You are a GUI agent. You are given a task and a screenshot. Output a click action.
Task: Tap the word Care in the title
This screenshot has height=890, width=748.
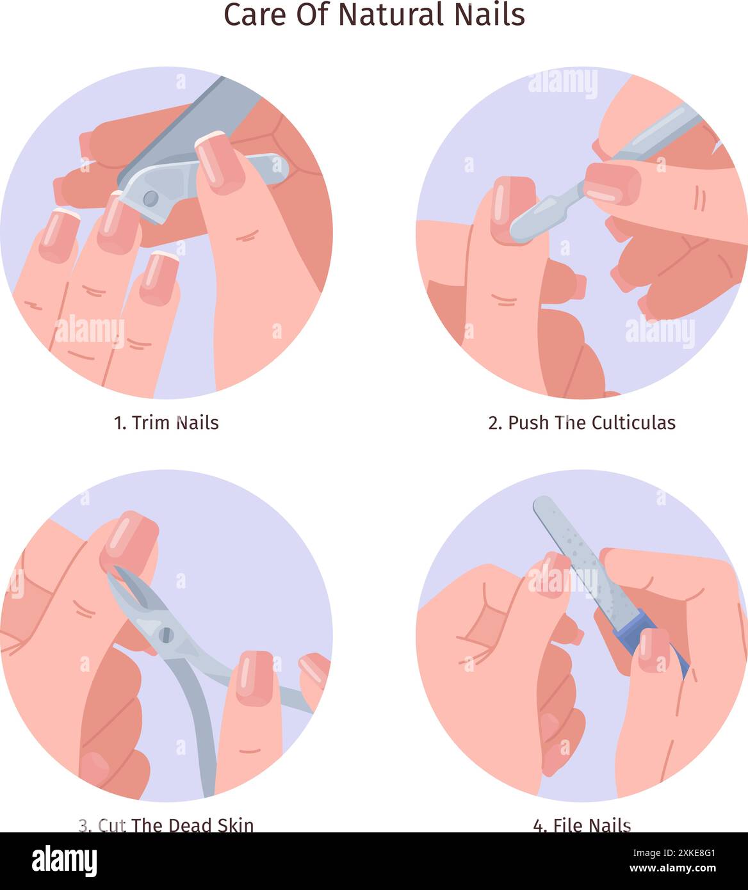click(x=255, y=15)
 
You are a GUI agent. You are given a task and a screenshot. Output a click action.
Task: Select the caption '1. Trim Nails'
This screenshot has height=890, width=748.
click(x=167, y=423)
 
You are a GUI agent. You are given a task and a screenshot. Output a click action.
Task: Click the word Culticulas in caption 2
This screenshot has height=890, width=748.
click(x=633, y=423)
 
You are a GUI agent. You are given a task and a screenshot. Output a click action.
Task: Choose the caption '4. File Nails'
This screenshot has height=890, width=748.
click(x=581, y=527)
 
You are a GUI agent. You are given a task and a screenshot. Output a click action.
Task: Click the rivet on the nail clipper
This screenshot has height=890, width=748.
click(x=150, y=198)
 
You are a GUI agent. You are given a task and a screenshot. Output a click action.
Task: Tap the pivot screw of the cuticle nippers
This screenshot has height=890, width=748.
click(x=166, y=635)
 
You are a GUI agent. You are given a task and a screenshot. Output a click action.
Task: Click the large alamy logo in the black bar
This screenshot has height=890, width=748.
click(x=65, y=861)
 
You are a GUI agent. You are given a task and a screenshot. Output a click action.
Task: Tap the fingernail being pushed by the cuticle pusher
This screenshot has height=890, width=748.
click(x=512, y=209)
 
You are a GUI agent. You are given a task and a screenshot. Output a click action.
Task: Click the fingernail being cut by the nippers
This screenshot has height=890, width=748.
click(x=129, y=541)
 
